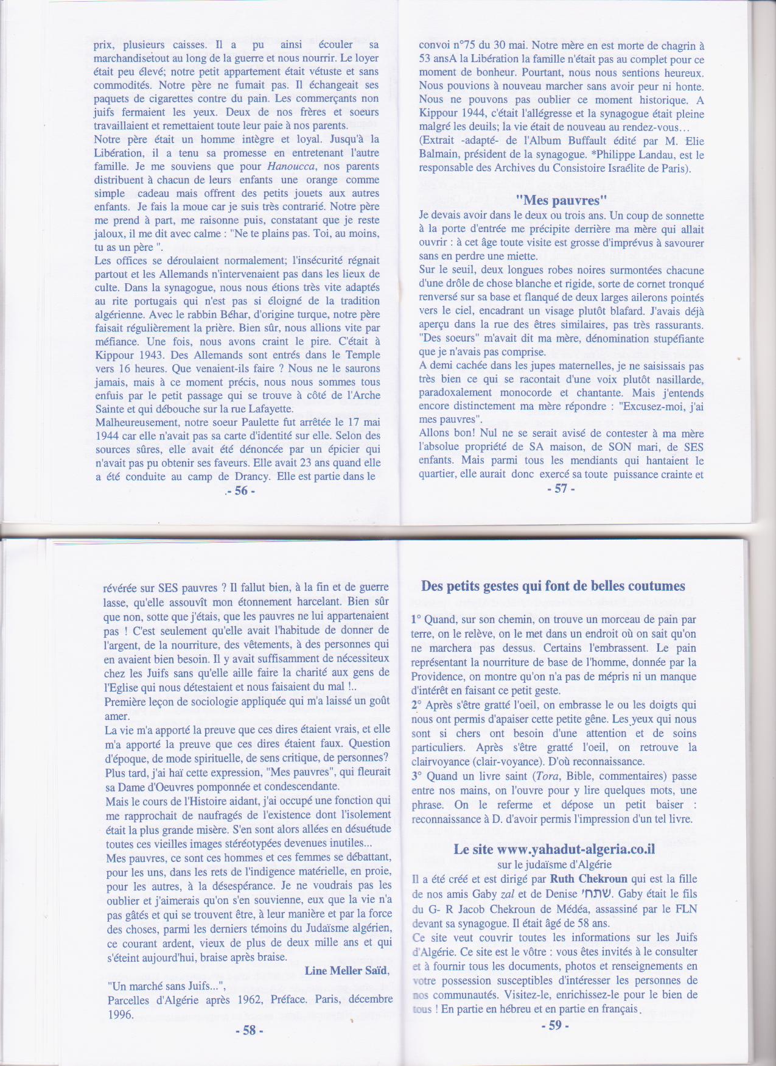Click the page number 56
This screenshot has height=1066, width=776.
point(242,491)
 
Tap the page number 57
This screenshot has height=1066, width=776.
point(561,489)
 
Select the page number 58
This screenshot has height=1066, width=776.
point(249,1030)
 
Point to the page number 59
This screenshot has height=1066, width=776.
point(554,1025)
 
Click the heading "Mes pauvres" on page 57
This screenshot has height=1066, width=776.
point(561,200)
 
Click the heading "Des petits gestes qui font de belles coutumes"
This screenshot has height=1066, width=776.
point(553,586)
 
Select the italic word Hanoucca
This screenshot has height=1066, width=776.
point(292,166)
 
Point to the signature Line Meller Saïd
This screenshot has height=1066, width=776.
point(346,970)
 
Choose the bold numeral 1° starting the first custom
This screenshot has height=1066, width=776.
point(416,619)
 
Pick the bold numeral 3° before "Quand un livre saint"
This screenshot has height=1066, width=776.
point(417,776)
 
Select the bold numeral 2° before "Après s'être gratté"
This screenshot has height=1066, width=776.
point(417,705)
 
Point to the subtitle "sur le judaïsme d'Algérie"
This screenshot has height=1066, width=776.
point(554,864)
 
